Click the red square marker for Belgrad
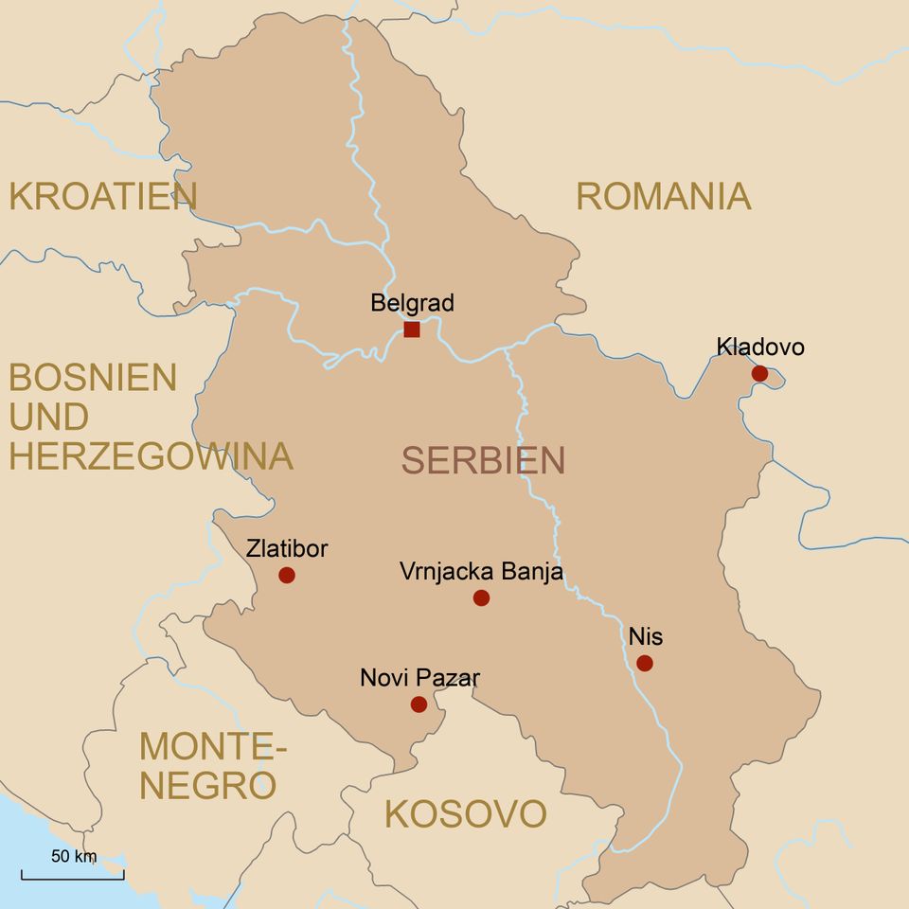[412, 330]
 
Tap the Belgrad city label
[412, 303]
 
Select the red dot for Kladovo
[759, 373]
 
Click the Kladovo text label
[760, 347]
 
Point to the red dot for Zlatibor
[287, 575]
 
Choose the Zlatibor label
[287, 548]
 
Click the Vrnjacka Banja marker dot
[481, 597]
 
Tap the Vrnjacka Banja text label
[481, 572]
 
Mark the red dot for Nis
[645, 663]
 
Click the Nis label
[645, 636]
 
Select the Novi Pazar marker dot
[419, 704]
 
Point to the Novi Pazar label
[419, 678]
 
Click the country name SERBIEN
[483, 460]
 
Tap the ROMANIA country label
[663, 196]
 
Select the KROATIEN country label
[102, 196]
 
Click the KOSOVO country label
[465, 814]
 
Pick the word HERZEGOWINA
[151, 455]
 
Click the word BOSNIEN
[93, 378]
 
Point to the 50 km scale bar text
[74, 857]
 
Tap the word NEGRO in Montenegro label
[208, 786]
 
